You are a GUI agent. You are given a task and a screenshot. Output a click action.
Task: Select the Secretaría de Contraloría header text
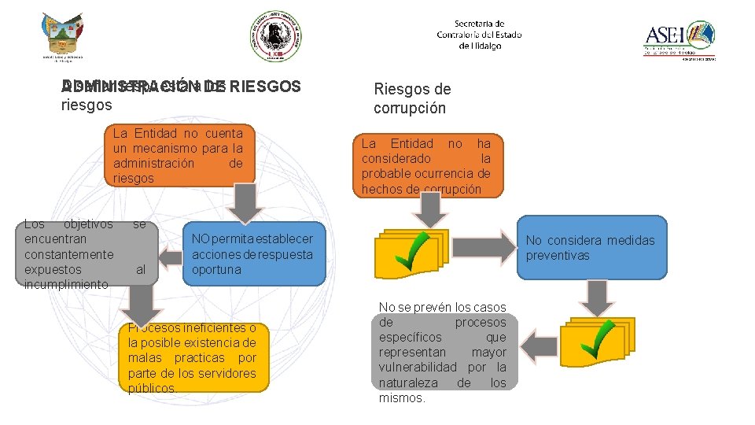coord(479,35)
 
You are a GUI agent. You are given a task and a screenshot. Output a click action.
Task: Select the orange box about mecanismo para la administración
coord(179,156)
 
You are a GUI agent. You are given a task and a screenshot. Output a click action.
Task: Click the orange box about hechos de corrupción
coord(426,165)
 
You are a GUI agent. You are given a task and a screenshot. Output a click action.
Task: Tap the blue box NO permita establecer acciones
coord(253,254)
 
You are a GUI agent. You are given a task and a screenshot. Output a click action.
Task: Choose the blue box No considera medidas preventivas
coord(591,248)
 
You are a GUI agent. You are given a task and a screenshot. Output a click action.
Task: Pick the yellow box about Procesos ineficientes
coord(193,357)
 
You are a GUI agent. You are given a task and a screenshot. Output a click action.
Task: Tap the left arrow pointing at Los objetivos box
coord(170,256)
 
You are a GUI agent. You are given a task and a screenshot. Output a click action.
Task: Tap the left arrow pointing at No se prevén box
coord(540,345)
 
